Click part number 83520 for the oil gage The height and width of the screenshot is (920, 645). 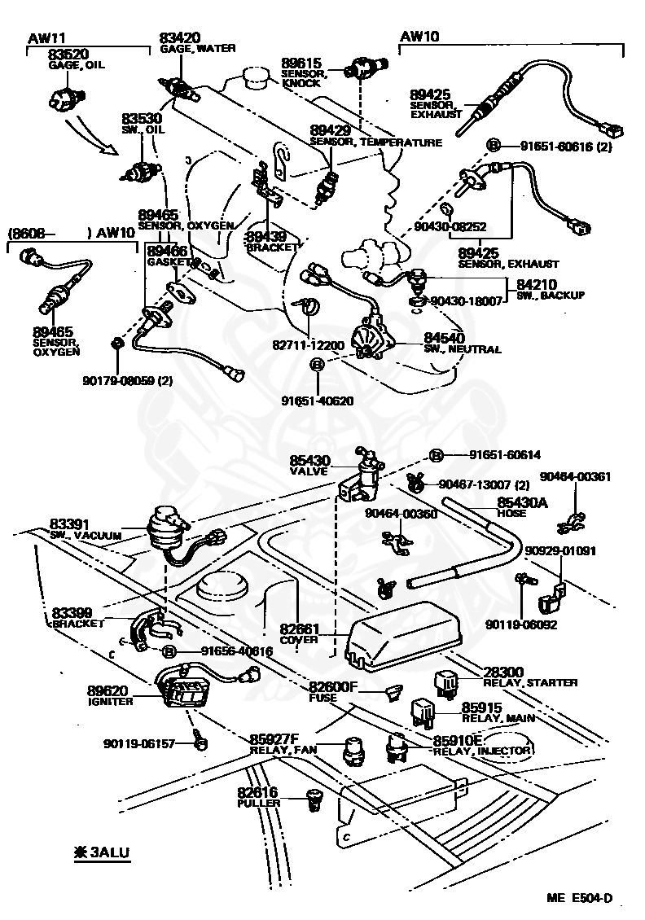click(x=68, y=55)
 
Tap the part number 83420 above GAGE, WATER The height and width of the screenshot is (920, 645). click(x=180, y=38)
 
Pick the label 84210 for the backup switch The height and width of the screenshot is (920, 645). click(x=537, y=285)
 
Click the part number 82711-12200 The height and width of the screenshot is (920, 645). click(x=308, y=345)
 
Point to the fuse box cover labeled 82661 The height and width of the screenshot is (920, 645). click(x=403, y=636)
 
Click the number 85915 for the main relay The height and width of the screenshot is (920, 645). click(x=482, y=708)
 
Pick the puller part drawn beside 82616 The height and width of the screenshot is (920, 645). click(x=316, y=800)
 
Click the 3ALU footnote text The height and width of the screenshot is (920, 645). click(x=103, y=852)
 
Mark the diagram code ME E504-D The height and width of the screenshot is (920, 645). click(x=579, y=898)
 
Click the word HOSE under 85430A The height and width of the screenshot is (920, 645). click(x=511, y=513)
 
